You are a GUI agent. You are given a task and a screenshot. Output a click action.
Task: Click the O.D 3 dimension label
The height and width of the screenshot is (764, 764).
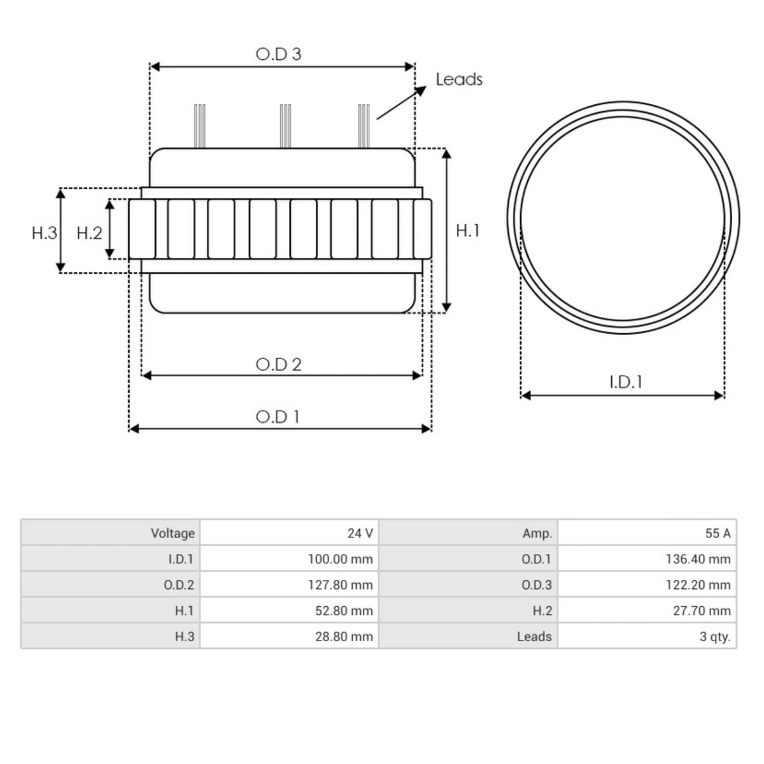point(278,54)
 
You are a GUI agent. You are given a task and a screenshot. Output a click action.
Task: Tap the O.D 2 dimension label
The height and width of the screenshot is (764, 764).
point(278,364)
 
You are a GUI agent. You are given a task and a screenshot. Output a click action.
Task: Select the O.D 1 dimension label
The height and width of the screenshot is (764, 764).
point(278,417)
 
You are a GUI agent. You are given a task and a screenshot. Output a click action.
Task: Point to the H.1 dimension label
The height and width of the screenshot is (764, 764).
point(467,230)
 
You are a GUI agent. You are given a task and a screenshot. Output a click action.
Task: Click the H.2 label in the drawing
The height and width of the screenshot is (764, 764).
point(89,233)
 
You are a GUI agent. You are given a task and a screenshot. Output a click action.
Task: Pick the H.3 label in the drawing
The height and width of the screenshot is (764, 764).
point(44,233)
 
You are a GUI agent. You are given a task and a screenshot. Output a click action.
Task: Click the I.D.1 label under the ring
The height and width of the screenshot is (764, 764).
point(625,382)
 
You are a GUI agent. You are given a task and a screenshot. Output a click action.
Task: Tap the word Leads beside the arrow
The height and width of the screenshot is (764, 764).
point(458,80)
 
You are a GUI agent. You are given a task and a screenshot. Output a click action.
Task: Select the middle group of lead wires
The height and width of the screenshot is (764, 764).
point(285,125)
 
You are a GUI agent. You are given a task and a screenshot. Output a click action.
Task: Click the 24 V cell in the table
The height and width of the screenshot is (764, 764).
point(360,533)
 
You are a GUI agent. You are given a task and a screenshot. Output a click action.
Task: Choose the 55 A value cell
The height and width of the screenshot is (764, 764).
point(718,533)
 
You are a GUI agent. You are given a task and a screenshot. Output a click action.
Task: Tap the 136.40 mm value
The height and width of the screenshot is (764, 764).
point(698,559)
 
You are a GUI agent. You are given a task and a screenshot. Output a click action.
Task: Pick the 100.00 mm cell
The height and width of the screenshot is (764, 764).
point(340,559)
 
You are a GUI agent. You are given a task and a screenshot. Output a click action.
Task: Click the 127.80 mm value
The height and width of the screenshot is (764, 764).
point(340,584)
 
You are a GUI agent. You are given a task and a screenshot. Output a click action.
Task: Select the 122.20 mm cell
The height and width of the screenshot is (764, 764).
point(698,584)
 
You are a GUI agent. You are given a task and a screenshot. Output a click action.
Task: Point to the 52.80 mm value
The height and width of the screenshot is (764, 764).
point(344,611)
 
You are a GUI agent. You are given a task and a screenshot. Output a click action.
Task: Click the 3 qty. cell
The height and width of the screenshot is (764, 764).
point(714,636)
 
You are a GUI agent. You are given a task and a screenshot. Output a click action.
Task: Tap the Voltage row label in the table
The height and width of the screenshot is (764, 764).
point(173,533)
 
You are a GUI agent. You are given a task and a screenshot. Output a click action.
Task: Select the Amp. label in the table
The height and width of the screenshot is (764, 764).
point(537,533)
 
